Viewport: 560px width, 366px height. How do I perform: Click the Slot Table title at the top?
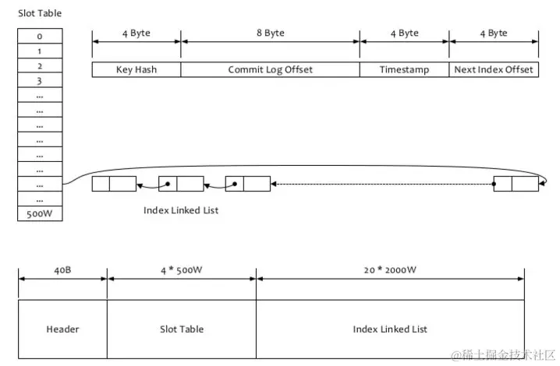click(40, 13)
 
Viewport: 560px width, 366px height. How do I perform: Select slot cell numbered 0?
click(40, 36)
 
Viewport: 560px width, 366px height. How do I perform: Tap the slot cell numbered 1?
click(40, 51)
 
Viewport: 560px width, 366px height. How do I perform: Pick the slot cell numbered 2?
click(40, 65)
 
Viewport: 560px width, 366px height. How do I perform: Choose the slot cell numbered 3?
click(40, 80)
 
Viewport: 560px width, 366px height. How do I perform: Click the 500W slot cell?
click(40, 213)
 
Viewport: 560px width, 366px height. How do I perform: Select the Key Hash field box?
click(136, 69)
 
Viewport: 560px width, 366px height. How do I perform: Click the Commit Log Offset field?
click(270, 69)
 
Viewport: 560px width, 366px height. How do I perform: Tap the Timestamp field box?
click(404, 69)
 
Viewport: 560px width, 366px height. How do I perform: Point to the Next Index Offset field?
click(494, 69)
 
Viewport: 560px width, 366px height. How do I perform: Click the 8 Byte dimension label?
click(270, 33)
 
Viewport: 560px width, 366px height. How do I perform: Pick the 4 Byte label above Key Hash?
click(136, 33)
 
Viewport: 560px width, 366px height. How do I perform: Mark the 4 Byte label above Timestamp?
click(404, 33)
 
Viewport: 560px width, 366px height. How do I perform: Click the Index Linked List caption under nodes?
click(181, 210)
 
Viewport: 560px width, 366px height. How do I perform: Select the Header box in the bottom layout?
click(62, 329)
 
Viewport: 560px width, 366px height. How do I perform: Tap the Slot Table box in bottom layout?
click(181, 329)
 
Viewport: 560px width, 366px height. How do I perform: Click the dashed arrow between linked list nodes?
click(382, 185)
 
